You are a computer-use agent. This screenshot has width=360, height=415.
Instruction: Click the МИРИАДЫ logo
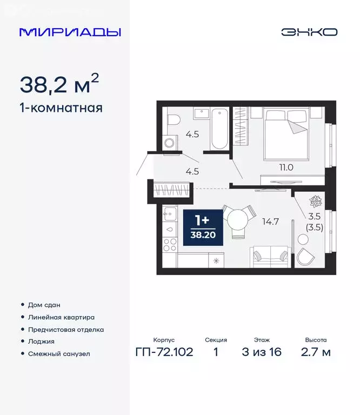click(x=70, y=32)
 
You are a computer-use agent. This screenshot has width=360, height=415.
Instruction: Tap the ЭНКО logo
click(x=309, y=32)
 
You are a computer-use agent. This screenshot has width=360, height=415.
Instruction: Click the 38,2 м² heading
click(x=59, y=84)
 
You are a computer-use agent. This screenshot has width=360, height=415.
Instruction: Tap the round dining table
click(x=238, y=219)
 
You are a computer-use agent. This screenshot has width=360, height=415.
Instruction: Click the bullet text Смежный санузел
click(x=59, y=354)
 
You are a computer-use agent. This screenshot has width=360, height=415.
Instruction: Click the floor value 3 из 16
click(x=263, y=353)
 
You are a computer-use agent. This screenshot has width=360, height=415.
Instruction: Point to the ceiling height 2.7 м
click(x=316, y=353)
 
